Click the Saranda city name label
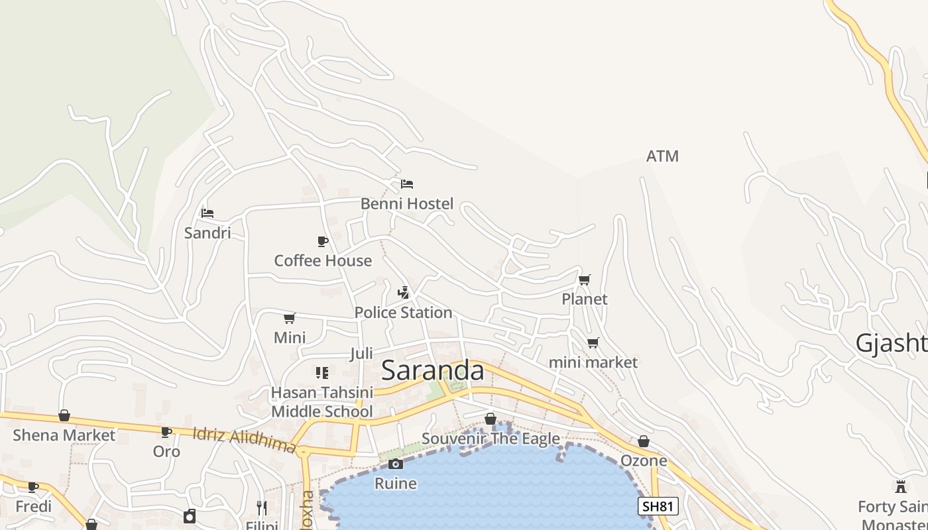point(433,370)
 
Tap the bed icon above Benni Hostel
point(407,184)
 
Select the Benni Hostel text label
point(407,203)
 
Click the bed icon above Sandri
point(207,213)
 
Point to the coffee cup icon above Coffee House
point(323,241)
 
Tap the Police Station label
point(403,312)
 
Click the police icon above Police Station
point(403,292)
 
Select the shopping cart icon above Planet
point(584,280)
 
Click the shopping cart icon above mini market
point(593,343)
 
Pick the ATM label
point(662,156)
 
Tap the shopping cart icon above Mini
point(290,318)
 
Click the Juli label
point(361,353)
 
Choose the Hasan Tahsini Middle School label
point(322,401)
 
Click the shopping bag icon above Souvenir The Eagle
point(491,419)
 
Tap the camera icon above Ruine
point(396,464)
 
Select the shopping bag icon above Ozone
point(644,441)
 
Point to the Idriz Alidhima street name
point(244,441)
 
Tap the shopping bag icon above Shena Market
point(64,415)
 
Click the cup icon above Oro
point(166,432)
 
